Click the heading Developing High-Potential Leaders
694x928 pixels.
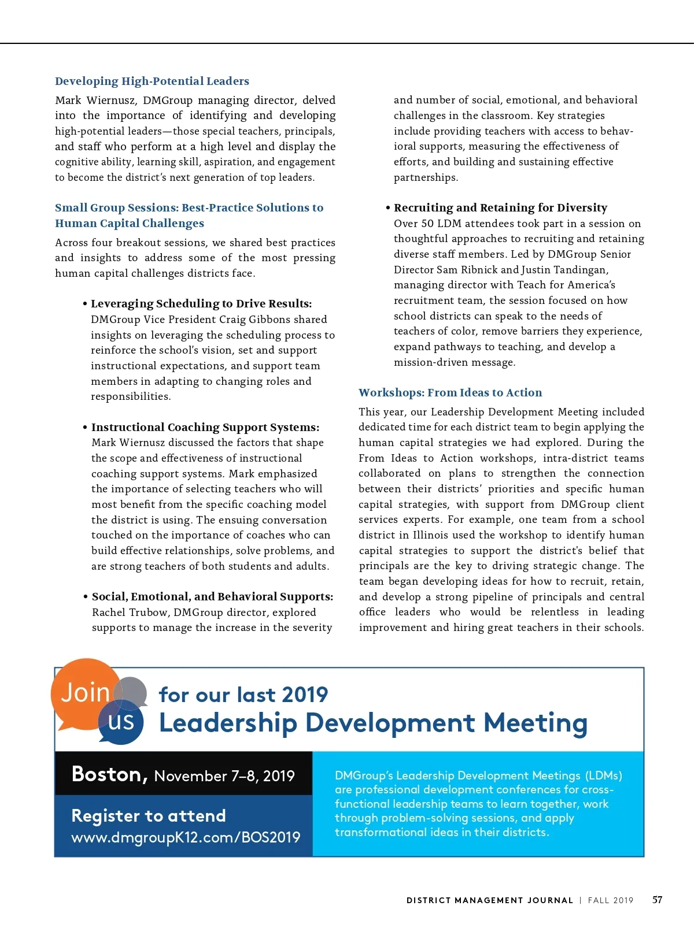tap(152, 81)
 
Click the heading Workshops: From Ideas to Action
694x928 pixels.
tap(450, 393)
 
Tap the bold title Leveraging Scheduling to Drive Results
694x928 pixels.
tap(201, 304)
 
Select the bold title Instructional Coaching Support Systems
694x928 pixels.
tap(205, 428)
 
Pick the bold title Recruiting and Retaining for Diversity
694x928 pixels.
tap(500, 208)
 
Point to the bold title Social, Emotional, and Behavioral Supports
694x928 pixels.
tap(212, 597)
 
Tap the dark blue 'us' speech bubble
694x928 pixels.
tap(121, 722)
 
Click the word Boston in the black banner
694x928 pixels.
tap(109, 774)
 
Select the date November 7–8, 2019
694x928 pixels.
tap(224, 776)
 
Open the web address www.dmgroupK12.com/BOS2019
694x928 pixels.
tap(186, 837)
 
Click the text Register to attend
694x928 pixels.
tap(148, 816)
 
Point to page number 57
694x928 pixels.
tap(658, 900)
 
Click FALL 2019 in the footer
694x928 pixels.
tap(611, 900)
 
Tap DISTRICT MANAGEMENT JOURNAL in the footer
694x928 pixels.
tap(489, 900)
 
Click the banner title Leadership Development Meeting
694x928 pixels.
tap(373, 723)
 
